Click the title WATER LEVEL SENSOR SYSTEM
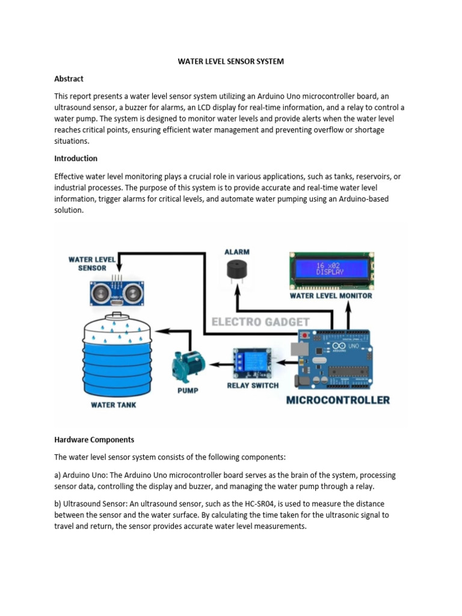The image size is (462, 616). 231,61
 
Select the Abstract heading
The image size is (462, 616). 69,79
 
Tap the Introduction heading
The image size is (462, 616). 75,158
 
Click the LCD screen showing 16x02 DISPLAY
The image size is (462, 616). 330,268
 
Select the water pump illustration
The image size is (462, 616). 188,365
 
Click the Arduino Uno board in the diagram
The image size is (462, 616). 340,360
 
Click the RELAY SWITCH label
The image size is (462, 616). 253,385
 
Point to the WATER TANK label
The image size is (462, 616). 114,405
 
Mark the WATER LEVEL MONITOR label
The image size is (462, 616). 331,295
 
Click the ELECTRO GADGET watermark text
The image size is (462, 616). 259,322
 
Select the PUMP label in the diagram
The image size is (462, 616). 188,390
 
